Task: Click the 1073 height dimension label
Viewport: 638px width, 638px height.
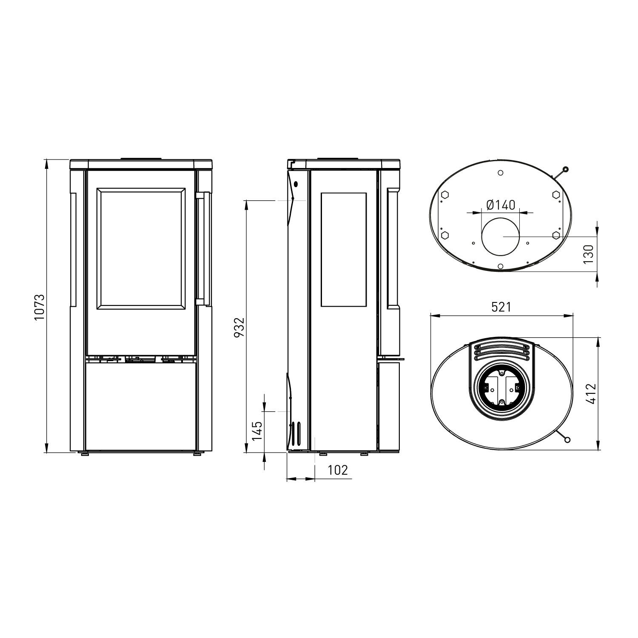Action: (x=39, y=307)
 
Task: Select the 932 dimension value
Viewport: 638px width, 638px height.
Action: (x=240, y=327)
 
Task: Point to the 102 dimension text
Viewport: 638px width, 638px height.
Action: (x=338, y=470)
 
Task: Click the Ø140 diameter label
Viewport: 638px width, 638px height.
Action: (x=500, y=205)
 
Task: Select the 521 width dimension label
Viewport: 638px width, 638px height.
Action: (x=501, y=307)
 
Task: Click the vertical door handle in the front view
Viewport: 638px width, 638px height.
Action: (x=207, y=249)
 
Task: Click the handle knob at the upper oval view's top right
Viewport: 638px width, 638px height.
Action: (x=565, y=170)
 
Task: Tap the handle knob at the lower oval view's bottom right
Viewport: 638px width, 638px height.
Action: (x=567, y=440)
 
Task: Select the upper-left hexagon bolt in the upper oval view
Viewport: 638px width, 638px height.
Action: (x=444, y=194)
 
